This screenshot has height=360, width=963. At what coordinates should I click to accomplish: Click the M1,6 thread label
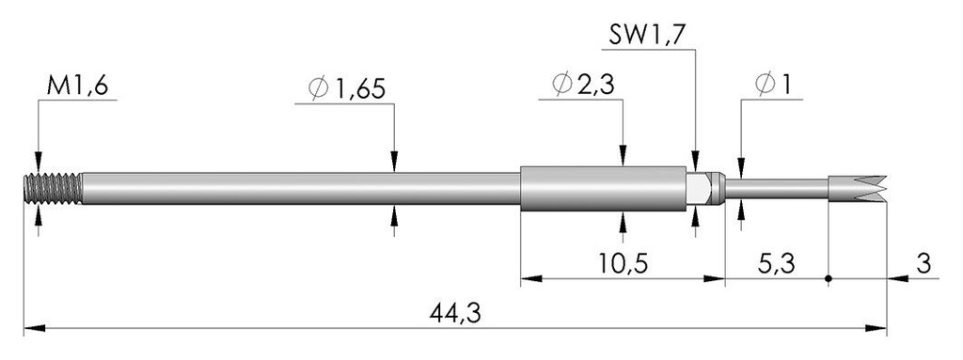(77, 86)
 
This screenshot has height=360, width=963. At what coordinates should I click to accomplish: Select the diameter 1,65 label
(346, 89)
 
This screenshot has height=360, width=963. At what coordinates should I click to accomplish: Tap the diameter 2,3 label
(583, 85)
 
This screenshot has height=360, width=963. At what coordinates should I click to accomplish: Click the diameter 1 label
(772, 86)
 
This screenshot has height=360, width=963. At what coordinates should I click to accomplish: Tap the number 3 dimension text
(924, 263)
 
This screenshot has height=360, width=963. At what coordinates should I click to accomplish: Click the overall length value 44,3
(455, 313)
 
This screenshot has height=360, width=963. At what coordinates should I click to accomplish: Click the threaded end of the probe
(53, 188)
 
